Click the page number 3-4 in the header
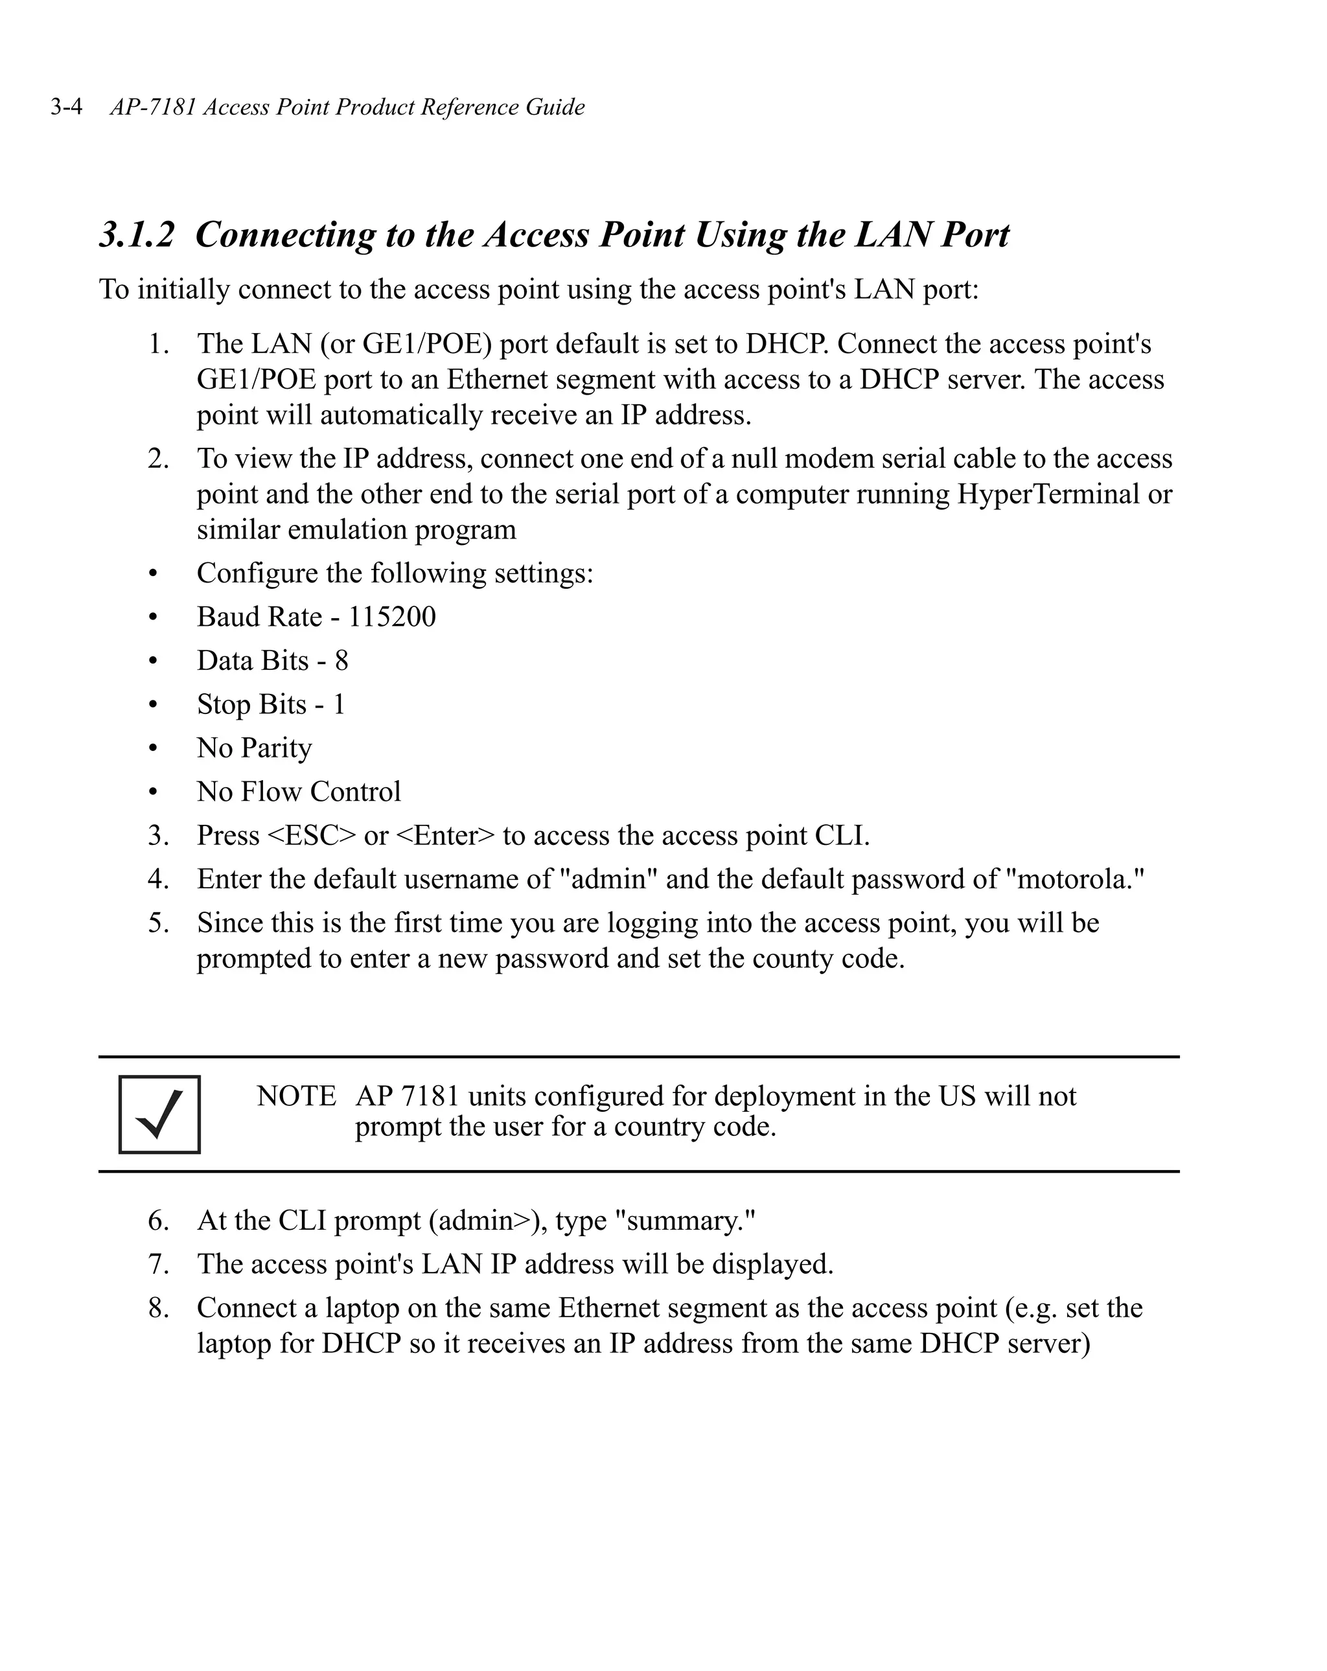tap(67, 107)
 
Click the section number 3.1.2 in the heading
tap(137, 235)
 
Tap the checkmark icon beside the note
tap(159, 1114)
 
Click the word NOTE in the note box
tap(296, 1096)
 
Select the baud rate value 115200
tap(391, 617)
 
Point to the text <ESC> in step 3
tap(312, 836)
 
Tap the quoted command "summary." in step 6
tap(684, 1221)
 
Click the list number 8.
tap(158, 1308)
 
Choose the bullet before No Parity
tap(153, 749)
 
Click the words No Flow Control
tap(299, 792)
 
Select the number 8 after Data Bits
tap(341, 661)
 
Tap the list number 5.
tap(158, 923)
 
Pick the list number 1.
tap(158, 344)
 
